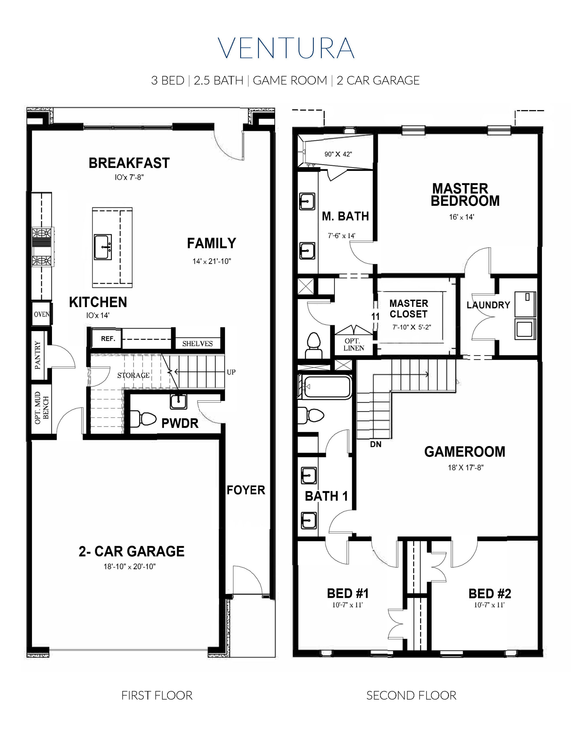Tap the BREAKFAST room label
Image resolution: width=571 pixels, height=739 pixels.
[129, 163]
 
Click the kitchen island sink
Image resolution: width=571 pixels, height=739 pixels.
[102, 247]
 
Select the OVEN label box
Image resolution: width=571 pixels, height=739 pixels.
[42, 314]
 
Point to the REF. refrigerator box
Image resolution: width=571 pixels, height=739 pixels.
[108, 338]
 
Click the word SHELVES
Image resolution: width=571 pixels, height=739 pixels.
[197, 344]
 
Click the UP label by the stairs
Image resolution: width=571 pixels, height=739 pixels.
[231, 372]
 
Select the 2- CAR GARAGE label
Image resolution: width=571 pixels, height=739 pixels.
[131, 551]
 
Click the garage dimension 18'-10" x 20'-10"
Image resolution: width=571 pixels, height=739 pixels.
[130, 566]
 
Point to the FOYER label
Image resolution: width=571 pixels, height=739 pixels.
[246, 490]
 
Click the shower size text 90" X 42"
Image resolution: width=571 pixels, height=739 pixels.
[338, 154]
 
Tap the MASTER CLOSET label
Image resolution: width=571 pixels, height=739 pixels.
[408, 309]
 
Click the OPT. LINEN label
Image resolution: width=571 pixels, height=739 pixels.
[354, 344]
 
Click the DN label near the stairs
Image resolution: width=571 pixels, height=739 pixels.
[376, 444]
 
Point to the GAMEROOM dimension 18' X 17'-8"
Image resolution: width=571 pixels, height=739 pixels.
[465, 468]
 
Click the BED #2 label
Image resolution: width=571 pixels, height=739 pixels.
[489, 594]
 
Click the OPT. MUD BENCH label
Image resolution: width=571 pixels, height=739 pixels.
[42, 408]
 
